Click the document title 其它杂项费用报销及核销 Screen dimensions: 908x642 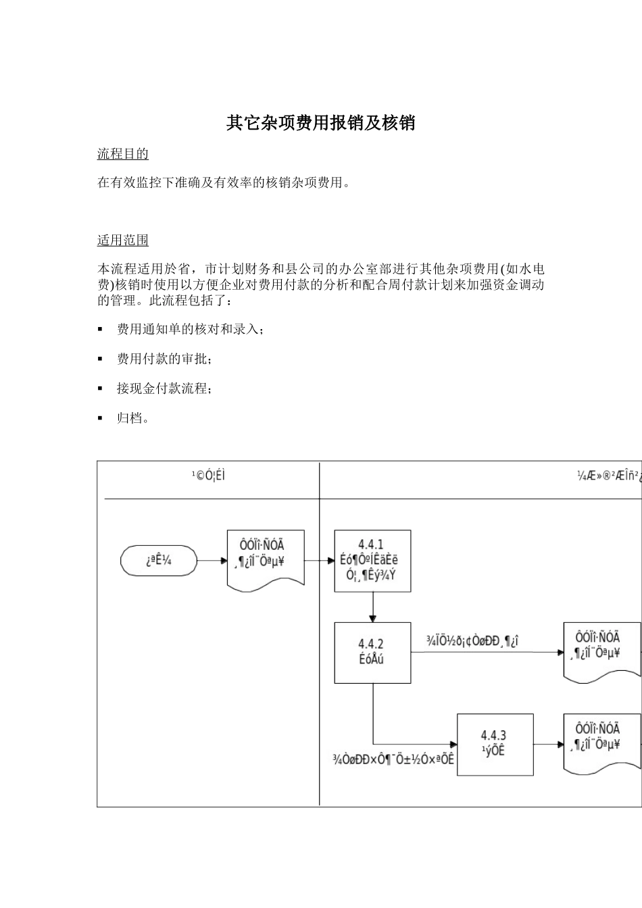point(320,123)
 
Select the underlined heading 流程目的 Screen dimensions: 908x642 point(122,154)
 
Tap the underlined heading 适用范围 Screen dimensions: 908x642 point(122,241)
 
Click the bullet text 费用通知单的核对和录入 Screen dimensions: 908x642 point(190,329)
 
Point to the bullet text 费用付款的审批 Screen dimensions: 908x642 point(164,359)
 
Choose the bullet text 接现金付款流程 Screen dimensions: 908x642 point(164,388)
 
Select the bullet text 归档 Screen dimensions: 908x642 point(132,418)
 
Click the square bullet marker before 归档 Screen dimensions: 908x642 point(100,418)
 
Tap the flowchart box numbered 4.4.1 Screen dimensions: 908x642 point(372,561)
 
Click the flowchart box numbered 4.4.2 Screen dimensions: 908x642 point(372,652)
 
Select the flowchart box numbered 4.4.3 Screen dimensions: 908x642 point(495,744)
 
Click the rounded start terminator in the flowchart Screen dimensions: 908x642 point(159,561)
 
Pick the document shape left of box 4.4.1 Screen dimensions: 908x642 point(265,558)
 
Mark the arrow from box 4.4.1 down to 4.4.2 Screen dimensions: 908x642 point(372,607)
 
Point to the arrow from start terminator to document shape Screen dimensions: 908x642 point(212,561)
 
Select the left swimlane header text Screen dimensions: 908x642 point(208,476)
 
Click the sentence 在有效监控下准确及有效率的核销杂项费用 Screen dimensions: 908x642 point(224,183)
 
